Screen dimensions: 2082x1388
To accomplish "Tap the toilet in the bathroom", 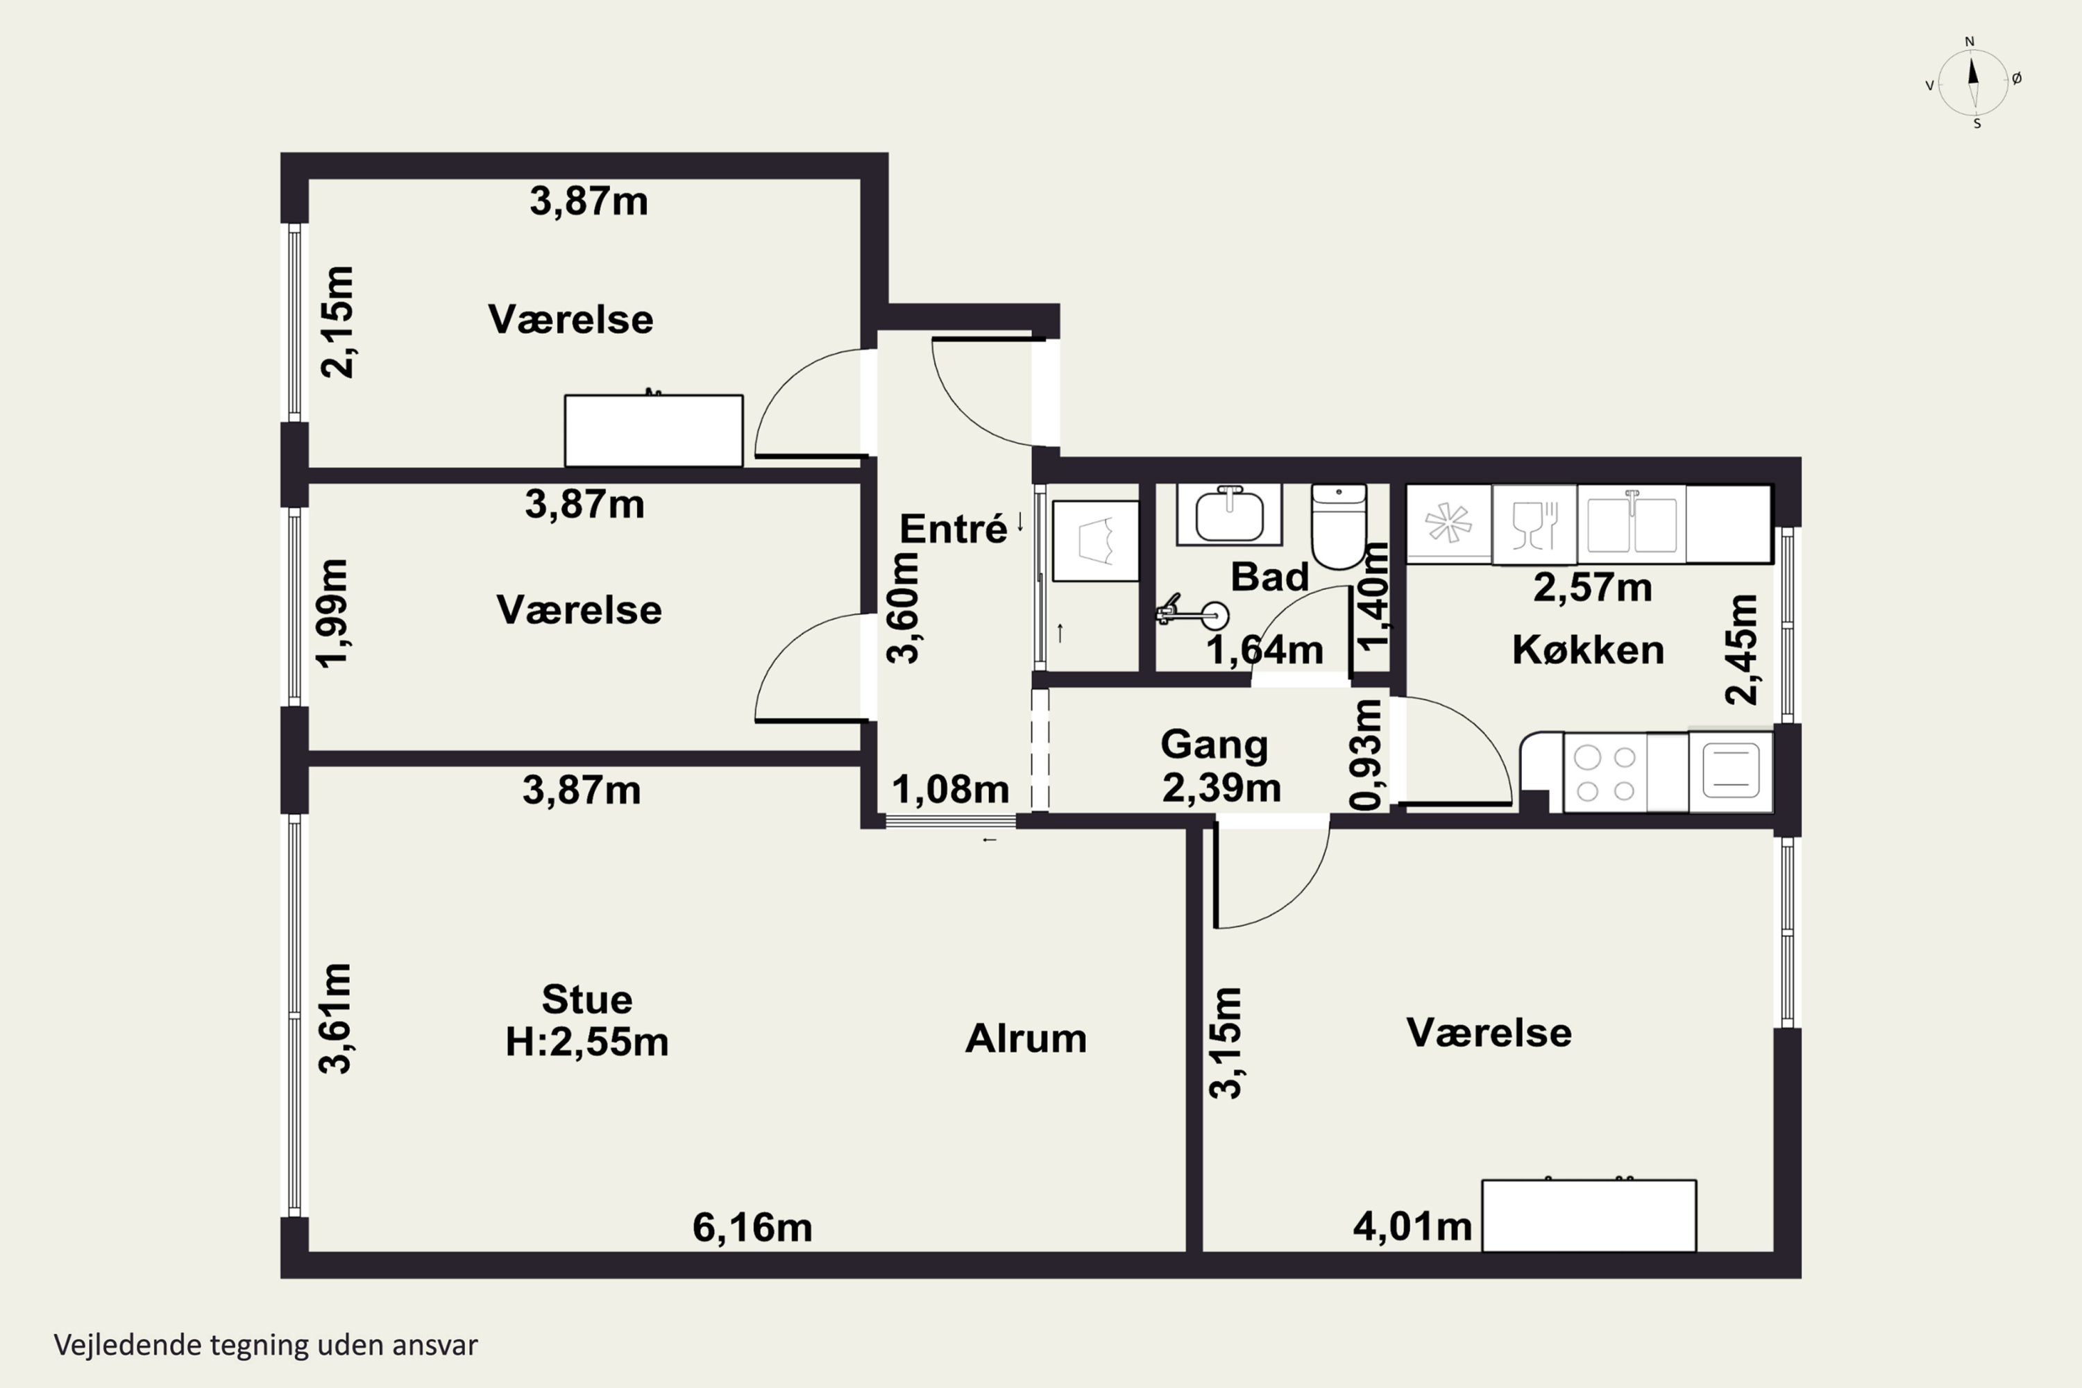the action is coord(1339,526).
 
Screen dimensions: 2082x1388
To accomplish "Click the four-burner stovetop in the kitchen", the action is coord(1605,773).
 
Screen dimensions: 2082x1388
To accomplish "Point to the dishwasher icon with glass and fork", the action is coord(1534,524).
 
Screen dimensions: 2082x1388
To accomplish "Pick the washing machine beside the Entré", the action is coord(1096,541).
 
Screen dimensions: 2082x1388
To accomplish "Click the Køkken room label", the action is coord(1588,650).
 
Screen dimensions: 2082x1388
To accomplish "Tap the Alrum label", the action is coord(1026,1038).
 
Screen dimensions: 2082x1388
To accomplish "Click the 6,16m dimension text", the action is coord(752,1228).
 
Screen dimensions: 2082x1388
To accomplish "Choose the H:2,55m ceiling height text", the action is coord(587,1042).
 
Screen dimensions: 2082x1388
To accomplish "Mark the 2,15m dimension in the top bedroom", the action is coord(337,322).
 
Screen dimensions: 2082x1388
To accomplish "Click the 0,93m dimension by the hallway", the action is coord(1366,754).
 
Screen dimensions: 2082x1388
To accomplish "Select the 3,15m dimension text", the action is coord(1226,1044).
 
